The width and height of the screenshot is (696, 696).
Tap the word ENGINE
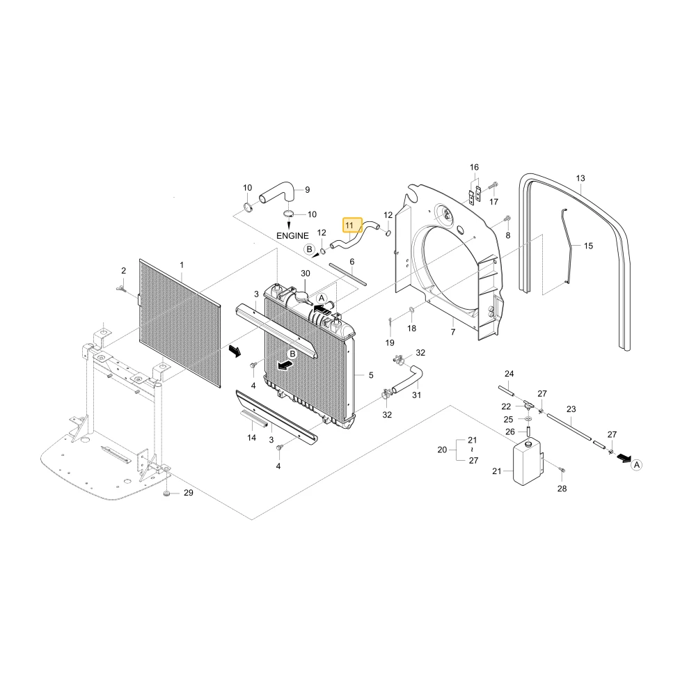click(292, 236)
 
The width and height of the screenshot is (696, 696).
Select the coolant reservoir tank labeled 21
click(527, 461)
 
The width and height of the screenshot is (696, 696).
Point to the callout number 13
click(580, 178)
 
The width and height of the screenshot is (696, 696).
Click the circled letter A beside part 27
click(637, 465)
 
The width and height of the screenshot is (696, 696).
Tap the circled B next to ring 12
click(310, 249)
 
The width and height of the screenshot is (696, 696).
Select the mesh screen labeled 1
click(180, 323)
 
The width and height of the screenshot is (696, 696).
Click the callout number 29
click(189, 493)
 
